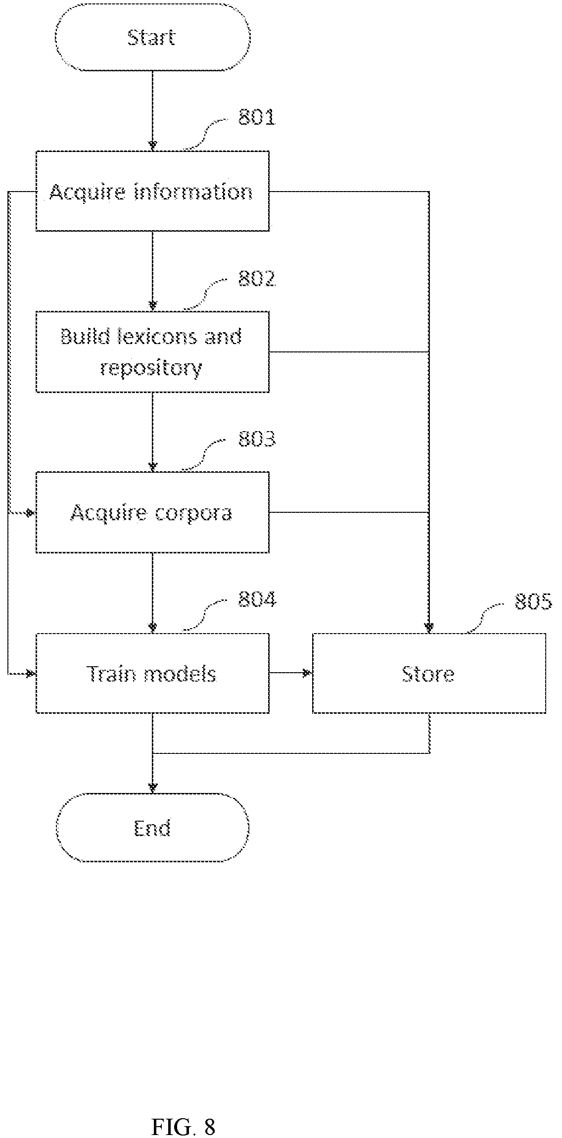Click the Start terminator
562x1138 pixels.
(x=152, y=38)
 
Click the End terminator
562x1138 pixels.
(x=152, y=828)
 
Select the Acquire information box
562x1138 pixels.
(x=152, y=191)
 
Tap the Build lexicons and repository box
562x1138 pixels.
(x=152, y=352)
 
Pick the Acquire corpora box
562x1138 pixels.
(x=152, y=512)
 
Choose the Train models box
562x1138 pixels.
(x=152, y=673)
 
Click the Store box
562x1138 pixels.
(x=429, y=673)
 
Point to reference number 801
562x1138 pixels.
(x=257, y=118)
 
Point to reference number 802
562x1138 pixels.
(x=257, y=279)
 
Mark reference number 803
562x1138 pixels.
(x=257, y=439)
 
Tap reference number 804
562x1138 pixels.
(x=257, y=600)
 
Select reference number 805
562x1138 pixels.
(x=533, y=601)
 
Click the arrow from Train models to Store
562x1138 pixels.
(x=291, y=673)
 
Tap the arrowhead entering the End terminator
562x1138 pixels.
(x=152, y=788)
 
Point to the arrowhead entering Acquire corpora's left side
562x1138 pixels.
(x=31, y=512)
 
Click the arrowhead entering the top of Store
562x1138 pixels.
(x=429, y=627)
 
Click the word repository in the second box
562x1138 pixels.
(x=151, y=369)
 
